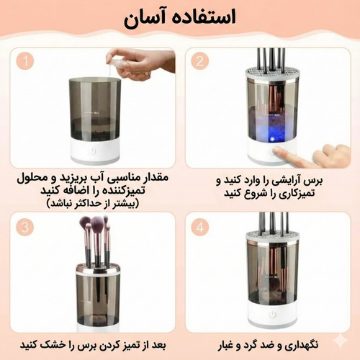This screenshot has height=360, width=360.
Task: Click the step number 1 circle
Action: pos(25,61)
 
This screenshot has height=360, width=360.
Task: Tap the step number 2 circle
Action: pos(200,61)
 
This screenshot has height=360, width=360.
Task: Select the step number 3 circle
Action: pos(25,227)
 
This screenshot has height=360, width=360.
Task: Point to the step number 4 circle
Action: pos(200,227)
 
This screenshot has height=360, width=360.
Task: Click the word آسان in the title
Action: pos(142,19)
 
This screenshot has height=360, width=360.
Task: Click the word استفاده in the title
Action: pos(202,17)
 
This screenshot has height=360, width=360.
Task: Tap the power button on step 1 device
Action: pos(93,151)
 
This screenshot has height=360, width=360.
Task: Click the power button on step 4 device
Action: pos(272,315)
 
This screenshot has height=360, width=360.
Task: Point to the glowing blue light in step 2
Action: pos(272,139)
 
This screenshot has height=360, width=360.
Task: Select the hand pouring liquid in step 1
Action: pos(142,63)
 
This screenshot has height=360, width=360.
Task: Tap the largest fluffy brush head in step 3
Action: pos(97,224)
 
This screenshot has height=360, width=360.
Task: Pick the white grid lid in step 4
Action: pos(272,237)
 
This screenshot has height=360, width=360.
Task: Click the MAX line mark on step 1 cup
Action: pos(91,112)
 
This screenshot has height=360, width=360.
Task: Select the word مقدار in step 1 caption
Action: pos(155,178)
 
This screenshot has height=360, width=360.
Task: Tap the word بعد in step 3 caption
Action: pos(159,345)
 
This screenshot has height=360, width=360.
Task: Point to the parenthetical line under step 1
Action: pos(93,204)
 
